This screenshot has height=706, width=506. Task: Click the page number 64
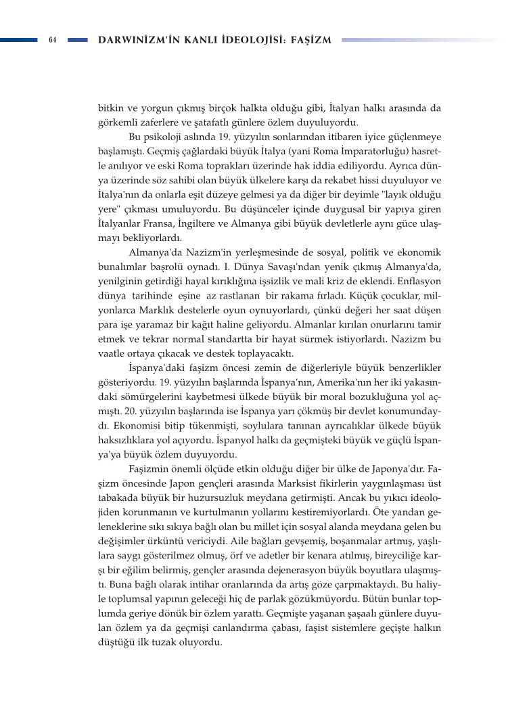click(51, 40)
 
